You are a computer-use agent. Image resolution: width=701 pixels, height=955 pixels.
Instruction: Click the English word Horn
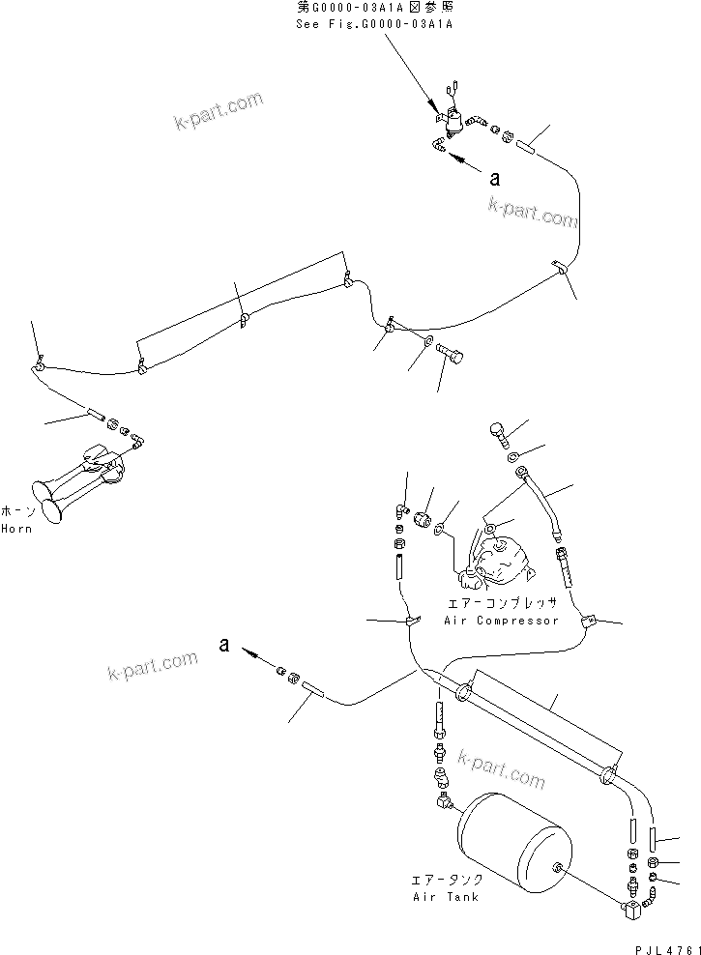pyautogui.click(x=16, y=529)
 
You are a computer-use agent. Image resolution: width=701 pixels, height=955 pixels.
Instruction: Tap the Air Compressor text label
pyautogui.click(x=501, y=620)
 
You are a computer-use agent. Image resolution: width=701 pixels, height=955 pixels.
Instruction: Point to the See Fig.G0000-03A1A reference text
pyautogui.click(x=374, y=23)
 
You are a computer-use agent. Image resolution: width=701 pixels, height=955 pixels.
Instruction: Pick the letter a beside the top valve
pyautogui.click(x=496, y=178)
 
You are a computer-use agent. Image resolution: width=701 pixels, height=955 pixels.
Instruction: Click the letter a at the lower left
pyautogui.click(x=223, y=646)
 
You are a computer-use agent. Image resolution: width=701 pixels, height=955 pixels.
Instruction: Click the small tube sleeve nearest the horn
pyautogui.click(x=96, y=416)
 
